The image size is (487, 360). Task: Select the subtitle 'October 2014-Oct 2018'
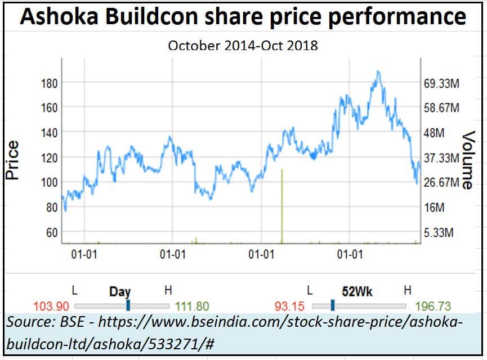point(243,46)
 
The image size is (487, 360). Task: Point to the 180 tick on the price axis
point(50,83)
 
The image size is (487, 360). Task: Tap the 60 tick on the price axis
point(52,232)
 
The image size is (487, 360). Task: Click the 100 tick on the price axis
point(50,182)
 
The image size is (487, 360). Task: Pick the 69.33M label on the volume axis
point(442,83)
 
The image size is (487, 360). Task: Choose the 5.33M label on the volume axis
point(439,232)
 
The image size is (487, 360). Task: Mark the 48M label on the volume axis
point(434,133)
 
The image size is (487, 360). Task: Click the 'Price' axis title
point(12,160)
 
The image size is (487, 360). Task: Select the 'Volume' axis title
point(468,160)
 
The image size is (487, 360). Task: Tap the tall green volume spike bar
point(282,205)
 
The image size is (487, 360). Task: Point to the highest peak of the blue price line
point(378,71)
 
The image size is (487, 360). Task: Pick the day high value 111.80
point(192,307)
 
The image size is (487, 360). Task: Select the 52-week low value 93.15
point(289,307)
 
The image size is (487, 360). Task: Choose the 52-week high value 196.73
point(433,307)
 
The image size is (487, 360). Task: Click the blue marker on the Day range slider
point(128,305)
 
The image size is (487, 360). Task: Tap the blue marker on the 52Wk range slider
point(333,305)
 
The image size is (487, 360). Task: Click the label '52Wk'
point(358,291)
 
